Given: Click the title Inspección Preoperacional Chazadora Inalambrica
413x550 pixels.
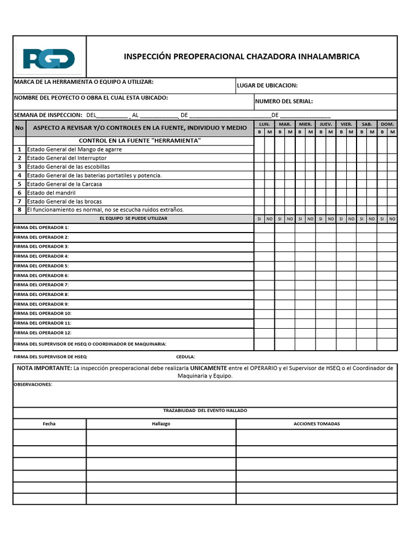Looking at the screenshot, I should (241, 56).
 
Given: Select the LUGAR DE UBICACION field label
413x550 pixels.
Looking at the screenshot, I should (267, 85).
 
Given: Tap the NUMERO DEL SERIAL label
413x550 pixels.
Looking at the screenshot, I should (283, 101).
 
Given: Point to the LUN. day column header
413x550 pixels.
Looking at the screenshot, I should (265, 124).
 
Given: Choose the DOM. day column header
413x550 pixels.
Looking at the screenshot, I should (387, 124).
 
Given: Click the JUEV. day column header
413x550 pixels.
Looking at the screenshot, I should (326, 124).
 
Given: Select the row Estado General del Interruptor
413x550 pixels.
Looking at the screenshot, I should (67, 158).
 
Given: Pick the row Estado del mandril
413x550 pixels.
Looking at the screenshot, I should (51, 192).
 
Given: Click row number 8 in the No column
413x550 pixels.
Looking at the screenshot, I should (19, 209).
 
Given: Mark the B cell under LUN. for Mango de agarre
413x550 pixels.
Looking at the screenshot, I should (259, 149).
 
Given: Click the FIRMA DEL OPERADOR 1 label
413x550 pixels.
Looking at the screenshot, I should (41, 228).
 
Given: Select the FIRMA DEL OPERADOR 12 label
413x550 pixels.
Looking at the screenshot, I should (42, 332).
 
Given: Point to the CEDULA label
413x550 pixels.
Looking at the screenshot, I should (186, 357).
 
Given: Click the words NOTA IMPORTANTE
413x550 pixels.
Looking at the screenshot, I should (44, 368).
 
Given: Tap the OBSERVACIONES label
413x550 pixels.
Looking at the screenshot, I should (33, 385).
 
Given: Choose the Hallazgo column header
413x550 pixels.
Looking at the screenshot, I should (161, 424).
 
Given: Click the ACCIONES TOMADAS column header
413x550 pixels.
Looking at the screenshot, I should (316, 424).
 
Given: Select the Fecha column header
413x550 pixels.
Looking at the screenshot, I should (49, 424).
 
